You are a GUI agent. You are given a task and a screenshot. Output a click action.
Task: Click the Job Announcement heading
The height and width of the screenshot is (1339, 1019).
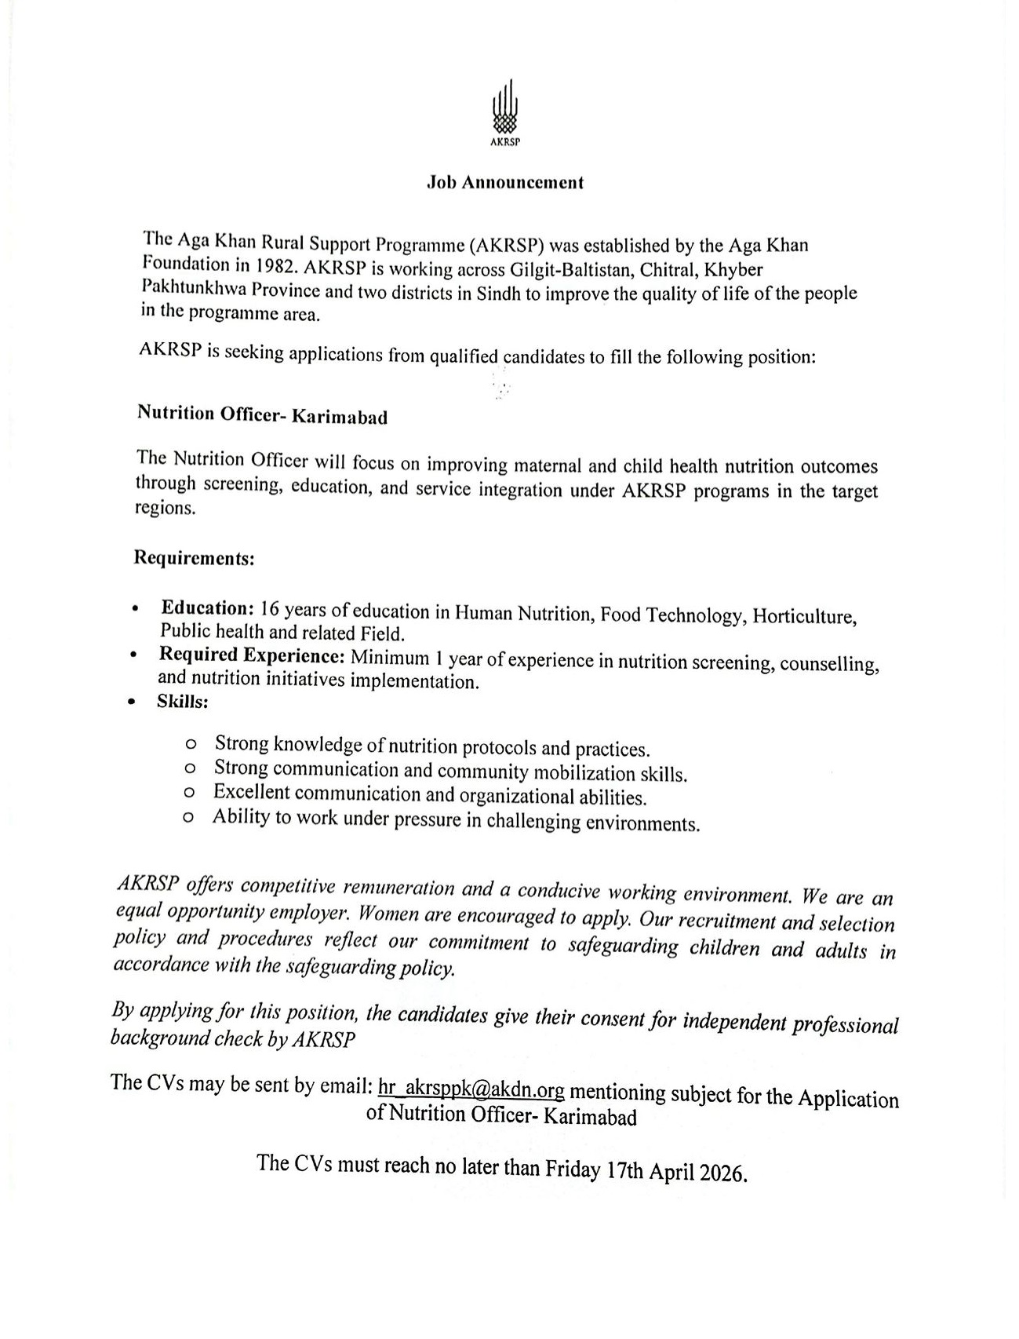coord(504,183)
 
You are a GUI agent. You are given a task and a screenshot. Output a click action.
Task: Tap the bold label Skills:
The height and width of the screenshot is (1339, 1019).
coord(183,702)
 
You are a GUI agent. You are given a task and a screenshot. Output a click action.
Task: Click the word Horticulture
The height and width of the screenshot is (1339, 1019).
coord(802,616)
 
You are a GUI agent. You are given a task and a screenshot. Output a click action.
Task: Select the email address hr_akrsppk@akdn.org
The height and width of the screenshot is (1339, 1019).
coord(471,1089)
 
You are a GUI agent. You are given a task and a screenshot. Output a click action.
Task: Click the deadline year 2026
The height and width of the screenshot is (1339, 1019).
coord(719,1173)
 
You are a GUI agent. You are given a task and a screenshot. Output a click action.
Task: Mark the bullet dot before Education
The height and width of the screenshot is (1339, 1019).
coord(136,608)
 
